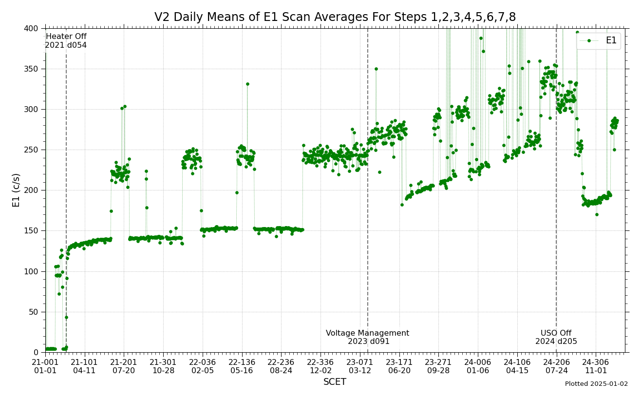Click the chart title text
point(335,18)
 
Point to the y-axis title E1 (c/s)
point(17,190)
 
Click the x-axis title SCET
point(335,382)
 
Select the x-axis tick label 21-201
point(124,362)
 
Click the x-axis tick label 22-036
point(202,362)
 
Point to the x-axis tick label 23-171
point(399,362)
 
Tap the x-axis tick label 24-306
point(596,362)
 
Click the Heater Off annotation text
point(66,37)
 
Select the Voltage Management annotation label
point(367,333)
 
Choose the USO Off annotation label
point(556,333)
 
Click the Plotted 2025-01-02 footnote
point(596,384)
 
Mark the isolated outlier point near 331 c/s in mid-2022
point(247,84)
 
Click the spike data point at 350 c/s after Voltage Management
point(376,69)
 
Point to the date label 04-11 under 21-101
point(85,371)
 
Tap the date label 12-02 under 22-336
point(320,371)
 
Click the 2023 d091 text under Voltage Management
point(368,342)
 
